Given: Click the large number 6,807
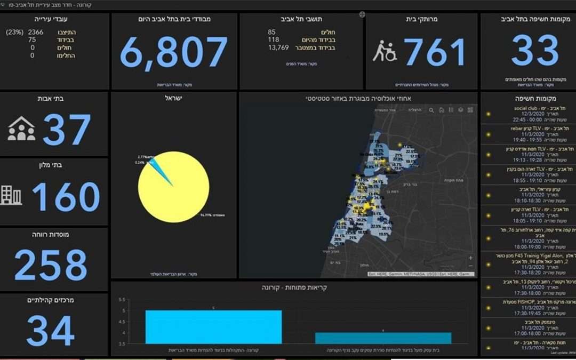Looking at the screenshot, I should [174, 53].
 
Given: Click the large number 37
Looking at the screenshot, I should [66, 130].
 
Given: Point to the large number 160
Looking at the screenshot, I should [66, 197].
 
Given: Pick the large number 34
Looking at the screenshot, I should [50, 331].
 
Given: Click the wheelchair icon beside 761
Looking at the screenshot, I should [384, 52].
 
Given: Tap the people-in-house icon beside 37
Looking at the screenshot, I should [21, 129].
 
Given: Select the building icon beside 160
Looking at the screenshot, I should [12, 196].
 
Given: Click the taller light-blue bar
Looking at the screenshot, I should [213, 326].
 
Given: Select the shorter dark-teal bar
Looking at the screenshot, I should [383, 338].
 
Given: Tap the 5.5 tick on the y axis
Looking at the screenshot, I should [122, 300].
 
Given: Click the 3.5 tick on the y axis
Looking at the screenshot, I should [122, 345].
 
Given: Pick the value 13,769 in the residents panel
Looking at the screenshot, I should [278, 47].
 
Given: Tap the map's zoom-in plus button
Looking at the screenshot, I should [470, 258].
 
